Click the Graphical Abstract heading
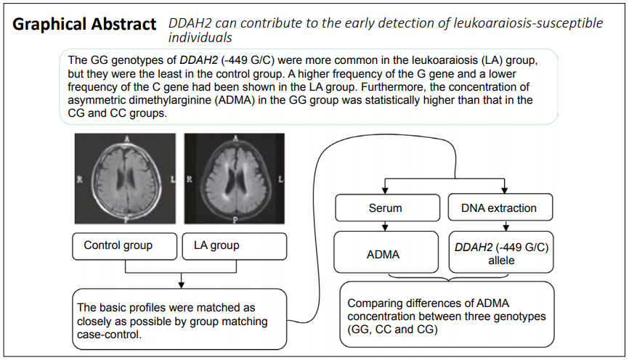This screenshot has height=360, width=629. coord(84,25)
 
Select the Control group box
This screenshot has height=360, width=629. coord(125,246)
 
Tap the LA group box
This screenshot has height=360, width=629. coord(235,246)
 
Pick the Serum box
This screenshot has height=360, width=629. coord(388,208)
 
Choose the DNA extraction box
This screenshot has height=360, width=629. coord(500,208)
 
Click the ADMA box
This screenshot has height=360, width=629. coord(386,252)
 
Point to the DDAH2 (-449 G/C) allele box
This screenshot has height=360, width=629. coord(501,252)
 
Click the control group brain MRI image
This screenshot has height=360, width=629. coord(125,179)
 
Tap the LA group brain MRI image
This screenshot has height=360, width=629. coord(235,179)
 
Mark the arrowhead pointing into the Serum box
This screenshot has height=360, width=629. coord(385,191)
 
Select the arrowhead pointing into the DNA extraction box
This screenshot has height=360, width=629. coord(505,191)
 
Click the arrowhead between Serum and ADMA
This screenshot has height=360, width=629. coord(385,228)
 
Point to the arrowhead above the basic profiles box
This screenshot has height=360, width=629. coord(182,285)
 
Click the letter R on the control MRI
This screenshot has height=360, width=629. coord(80,179)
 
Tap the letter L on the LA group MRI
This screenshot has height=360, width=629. coord(280,179)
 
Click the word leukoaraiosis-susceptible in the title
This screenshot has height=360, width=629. coord(528,23)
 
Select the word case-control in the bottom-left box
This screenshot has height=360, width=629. coord(108,335)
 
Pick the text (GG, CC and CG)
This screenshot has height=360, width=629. coord(392,330)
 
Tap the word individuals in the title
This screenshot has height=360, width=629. coord(200,38)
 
